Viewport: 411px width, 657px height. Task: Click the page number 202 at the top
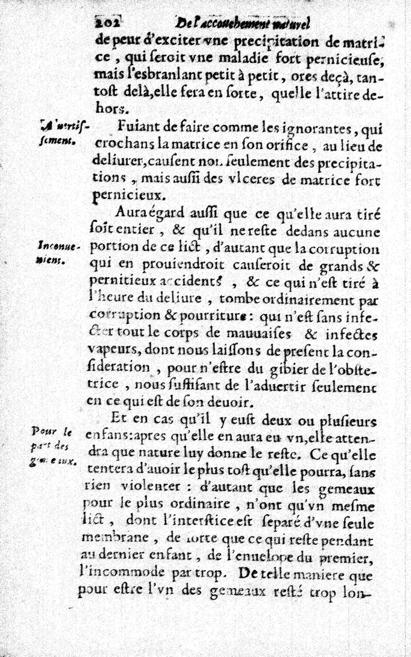point(107,22)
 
